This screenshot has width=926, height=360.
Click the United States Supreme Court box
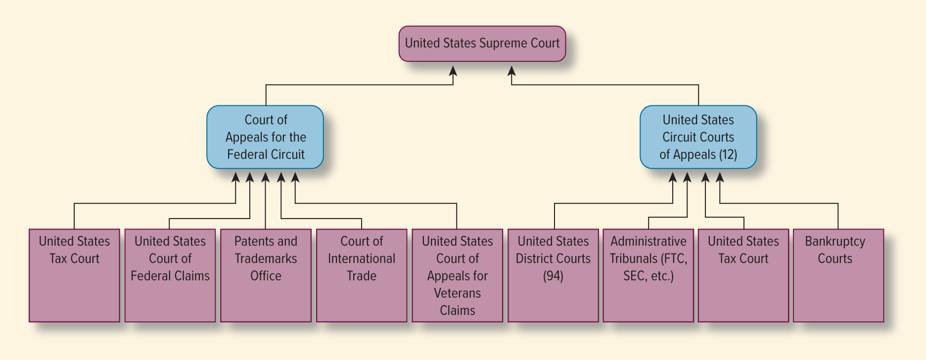tap(482, 44)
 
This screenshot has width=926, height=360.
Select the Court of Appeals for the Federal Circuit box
tap(265, 137)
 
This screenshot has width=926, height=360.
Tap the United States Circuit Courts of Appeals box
tap(698, 137)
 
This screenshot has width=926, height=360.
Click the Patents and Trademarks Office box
tap(266, 275)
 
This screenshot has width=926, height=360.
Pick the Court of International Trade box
tap(362, 275)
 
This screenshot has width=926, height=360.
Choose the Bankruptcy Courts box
tap(838, 275)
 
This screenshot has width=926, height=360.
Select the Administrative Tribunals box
tap(648, 275)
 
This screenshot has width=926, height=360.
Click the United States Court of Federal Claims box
tap(170, 275)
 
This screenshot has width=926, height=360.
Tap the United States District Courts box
tap(553, 275)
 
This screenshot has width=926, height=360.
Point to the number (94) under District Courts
tap(553, 276)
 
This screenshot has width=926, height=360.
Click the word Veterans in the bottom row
tap(457, 293)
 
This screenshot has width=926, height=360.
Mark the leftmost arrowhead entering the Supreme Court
tap(453, 71)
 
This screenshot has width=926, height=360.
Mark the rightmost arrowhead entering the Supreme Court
tap(511, 71)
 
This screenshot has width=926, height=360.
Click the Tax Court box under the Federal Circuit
tap(74, 275)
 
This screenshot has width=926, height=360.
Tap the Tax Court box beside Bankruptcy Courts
tap(743, 275)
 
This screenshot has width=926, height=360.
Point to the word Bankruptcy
tap(834, 241)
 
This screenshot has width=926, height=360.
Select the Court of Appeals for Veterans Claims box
tap(457, 275)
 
